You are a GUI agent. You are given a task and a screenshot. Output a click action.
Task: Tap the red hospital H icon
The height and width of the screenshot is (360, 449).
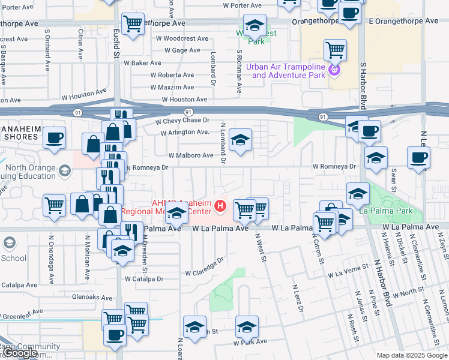(x=220, y=207)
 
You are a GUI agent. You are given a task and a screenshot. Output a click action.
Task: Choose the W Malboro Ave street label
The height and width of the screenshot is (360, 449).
(x=191, y=155)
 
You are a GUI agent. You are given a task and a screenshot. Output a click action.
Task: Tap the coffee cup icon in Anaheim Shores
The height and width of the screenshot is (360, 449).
(x=54, y=137)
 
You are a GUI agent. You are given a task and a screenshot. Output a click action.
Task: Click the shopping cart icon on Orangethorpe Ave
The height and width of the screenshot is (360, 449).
(x=133, y=24)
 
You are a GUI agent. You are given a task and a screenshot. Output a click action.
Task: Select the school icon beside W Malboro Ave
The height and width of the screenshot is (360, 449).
(x=240, y=141)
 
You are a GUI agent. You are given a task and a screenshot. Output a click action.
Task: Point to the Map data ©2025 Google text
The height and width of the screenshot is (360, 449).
(x=412, y=355)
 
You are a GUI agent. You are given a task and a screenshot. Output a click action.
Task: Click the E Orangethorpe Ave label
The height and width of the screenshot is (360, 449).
(x=403, y=20)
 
